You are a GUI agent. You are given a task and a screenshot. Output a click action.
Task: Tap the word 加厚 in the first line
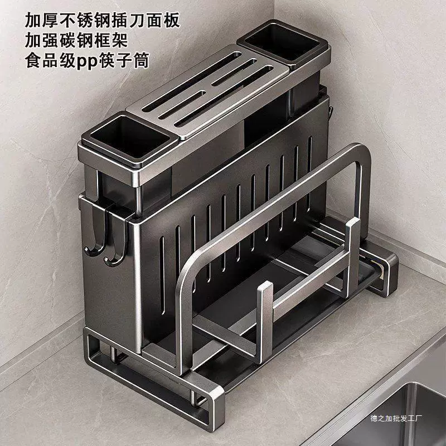42,21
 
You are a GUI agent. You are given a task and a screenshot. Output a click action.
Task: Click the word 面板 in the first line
163,21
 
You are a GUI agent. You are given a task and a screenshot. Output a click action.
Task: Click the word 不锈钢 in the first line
85,21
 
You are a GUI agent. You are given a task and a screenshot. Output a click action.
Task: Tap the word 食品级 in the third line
51,61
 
